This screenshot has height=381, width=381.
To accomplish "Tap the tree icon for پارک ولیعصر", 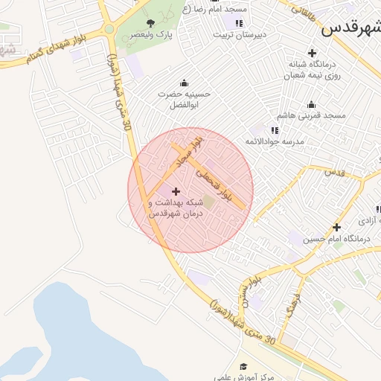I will tap(151, 23).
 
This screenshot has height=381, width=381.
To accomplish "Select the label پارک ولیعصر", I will tap(146, 35).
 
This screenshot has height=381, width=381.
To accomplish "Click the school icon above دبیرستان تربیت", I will tap(238, 24).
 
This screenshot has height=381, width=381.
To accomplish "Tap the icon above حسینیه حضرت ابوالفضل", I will tap(184, 83).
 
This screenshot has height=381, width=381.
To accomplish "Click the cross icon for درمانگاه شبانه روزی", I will tap(312, 53).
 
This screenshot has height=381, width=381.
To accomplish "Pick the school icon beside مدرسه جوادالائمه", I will tap(275, 130).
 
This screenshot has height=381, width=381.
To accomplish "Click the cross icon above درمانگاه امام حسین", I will tap(336, 227).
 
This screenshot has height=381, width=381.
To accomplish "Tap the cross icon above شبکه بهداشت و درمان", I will tap(176, 192).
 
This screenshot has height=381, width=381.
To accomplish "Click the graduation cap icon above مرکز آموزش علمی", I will tap(243, 366).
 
